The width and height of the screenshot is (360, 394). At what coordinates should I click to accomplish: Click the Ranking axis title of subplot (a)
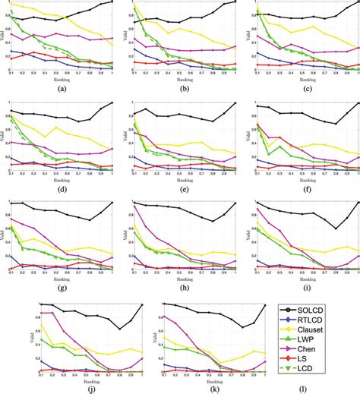coord(61,77)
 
